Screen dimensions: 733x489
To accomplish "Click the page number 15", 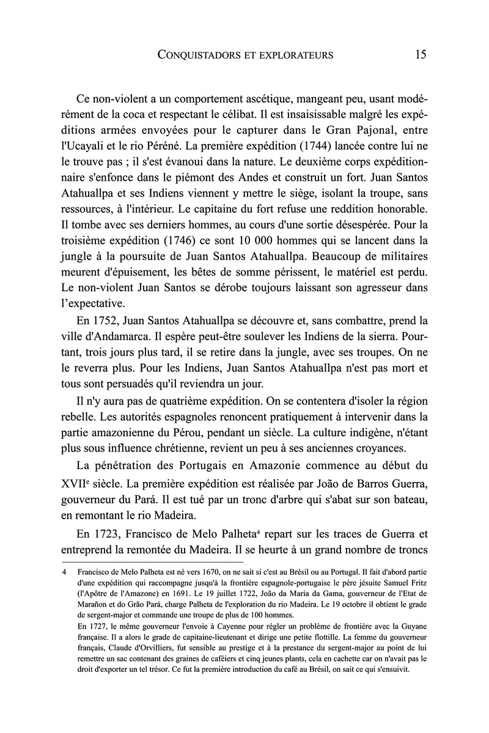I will point(421,55).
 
